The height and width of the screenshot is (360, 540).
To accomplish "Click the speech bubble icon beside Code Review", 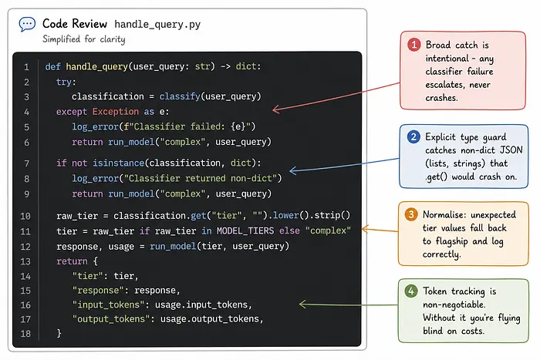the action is pyautogui.click(x=27, y=24).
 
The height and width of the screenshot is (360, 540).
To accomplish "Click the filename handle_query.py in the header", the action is pyautogui.click(x=157, y=25).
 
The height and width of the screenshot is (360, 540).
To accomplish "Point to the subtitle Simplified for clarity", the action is pyautogui.click(x=83, y=39).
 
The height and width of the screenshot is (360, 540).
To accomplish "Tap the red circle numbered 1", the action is pyautogui.click(x=414, y=45).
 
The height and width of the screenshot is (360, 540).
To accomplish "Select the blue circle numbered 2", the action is pyautogui.click(x=413, y=137).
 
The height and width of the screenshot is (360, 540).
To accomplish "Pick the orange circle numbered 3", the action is pyautogui.click(x=411, y=214).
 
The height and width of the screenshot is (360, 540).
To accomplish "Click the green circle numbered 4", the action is pyautogui.click(x=411, y=291).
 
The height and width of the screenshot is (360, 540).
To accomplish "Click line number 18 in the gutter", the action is pyautogui.click(x=25, y=334).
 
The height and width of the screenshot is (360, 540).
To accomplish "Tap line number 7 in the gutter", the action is pyautogui.click(x=26, y=163).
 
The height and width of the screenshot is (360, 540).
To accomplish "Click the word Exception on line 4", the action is pyautogui.click(x=116, y=112).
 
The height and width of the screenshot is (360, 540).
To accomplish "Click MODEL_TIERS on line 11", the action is pyautogui.click(x=245, y=230).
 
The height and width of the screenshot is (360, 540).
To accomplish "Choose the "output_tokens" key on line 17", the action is pyautogui.click(x=111, y=319).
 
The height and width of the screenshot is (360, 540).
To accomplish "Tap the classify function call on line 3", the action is pyautogui.click(x=180, y=96).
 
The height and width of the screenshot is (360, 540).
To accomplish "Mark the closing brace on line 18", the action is pyautogui.click(x=59, y=333).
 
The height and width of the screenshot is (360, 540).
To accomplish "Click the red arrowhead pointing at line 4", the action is pyautogui.click(x=276, y=109).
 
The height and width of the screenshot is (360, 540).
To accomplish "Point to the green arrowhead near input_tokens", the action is pyautogui.click(x=302, y=304).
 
